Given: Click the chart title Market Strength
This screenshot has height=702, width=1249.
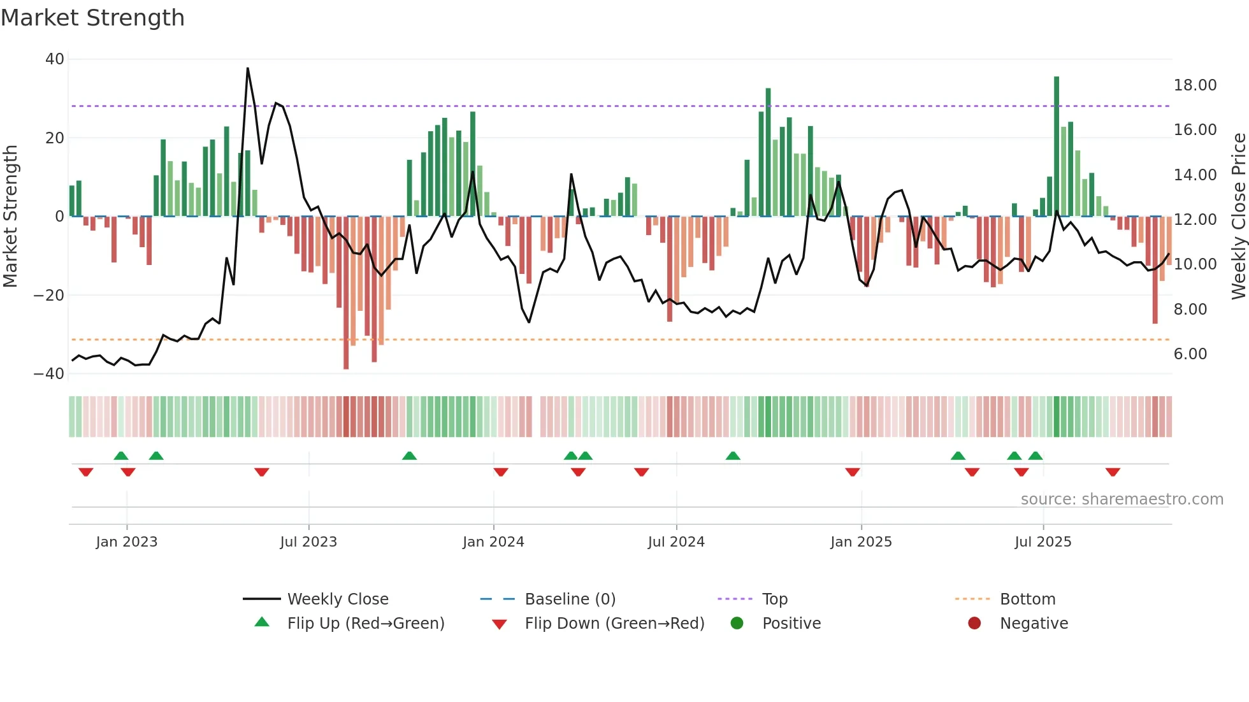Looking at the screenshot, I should pyautogui.click(x=92, y=18).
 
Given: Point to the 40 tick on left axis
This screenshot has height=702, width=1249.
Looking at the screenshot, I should pyautogui.click(x=55, y=59).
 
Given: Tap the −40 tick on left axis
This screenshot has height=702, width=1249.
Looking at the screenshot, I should pyautogui.click(x=49, y=374).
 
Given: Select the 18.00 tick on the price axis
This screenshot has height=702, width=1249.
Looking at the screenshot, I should pyautogui.click(x=1195, y=85).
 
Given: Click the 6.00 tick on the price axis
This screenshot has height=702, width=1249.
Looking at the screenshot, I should pyautogui.click(x=1190, y=354).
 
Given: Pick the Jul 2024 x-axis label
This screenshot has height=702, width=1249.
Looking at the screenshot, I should pyautogui.click(x=676, y=542).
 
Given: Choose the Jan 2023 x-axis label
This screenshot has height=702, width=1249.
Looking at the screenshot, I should pyautogui.click(x=126, y=542).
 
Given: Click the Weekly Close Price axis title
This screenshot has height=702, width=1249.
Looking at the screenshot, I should pyautogui.click(x=1238, y=217).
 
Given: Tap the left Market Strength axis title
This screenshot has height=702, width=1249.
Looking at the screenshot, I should pyautogui.click(x=10, y=217).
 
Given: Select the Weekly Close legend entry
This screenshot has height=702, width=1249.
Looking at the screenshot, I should pyautogui.click(x=337, y=599).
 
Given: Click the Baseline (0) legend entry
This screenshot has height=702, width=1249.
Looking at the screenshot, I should pyautogui.click(x=570, y=599).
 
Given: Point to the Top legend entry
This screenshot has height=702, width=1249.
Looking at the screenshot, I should pyautogui.click(x=774, y=599).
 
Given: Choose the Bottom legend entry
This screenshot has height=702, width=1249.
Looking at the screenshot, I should pyautogui.click(x=1027, y=599).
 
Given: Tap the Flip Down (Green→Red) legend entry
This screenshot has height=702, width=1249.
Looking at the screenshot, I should pyautogui.click(x=614, y=624).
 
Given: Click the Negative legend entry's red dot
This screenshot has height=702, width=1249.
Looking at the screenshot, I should pyautogui.click(x=974, y=624).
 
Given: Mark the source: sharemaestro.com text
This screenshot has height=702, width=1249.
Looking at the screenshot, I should pyautogui.click(x=1122, y=499).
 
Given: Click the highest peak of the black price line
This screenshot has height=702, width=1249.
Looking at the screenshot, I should pyautogui.click(x=247, y=69).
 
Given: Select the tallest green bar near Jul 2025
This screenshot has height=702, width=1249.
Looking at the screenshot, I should pyautogui.click(x=1057, y=147).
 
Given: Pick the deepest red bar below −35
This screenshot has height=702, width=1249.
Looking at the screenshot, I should pyautogui.click(x=346, y=293).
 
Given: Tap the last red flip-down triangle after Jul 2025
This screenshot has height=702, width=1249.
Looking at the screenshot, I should pyautogui.click(x=1113, y=472).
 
